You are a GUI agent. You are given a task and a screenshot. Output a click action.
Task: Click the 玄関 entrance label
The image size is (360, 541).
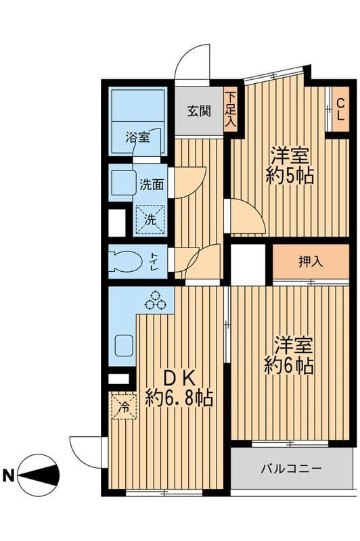pos(199,111)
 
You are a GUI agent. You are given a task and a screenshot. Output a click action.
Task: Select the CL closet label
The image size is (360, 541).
pos(340,110)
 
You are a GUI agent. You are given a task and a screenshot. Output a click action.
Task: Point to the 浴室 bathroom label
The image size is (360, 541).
pos(138,138)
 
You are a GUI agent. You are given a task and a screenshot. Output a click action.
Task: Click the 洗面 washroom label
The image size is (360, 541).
pos(152,185)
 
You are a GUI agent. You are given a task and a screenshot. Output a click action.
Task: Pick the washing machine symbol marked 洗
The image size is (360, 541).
pos(150,220)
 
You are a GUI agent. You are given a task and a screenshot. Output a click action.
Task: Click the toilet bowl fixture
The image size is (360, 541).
pos(125,261)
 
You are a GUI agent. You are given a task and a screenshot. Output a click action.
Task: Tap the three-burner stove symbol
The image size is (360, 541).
pos(156,300)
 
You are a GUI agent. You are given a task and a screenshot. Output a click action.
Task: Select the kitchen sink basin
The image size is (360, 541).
pos(124,346)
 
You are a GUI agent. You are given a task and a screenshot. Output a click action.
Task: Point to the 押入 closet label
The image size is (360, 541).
pos(311,262)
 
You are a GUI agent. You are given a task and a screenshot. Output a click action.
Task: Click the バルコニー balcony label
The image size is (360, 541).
pos(291,469)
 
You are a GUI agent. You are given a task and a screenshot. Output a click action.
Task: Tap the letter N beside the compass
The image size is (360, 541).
pos(9,475)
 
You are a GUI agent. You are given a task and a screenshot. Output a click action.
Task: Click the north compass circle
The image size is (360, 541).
pos(39,475)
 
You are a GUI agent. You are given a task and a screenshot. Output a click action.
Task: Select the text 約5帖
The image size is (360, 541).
pos(290,176)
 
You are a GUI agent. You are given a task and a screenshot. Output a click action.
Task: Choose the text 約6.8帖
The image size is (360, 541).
pos(179,398)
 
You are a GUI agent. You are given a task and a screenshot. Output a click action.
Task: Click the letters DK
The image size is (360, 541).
pos(179,379)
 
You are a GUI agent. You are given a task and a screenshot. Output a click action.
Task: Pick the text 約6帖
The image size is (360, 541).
pos(289,366)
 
